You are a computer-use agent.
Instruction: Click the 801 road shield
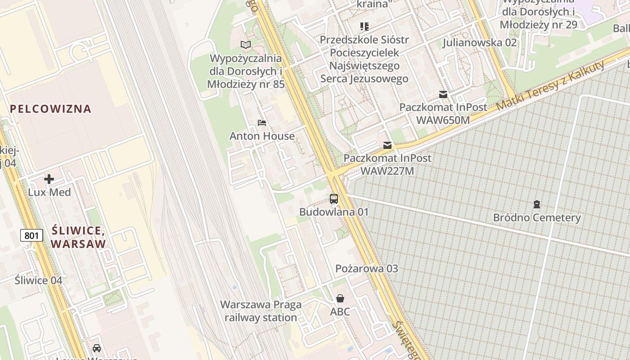(x=31, y=235)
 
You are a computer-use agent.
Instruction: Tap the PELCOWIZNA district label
(x=50, y=108)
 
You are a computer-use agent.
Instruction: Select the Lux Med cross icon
(x=49, y=180)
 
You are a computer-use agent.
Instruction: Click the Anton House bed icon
(x=262, y=122)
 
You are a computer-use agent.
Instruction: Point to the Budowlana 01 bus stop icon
(x=334, y=198)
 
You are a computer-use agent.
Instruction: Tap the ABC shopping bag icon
(x=340, y=298)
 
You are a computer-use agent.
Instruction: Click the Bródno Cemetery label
(x=537, y=218)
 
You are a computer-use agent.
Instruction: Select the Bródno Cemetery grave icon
(x=536, y=204)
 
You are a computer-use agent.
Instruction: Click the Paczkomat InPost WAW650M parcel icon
(x=443, y=94)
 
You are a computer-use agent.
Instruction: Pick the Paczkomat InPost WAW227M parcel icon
(x=387, y=145)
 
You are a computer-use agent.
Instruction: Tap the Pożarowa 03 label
(x=367, y=269)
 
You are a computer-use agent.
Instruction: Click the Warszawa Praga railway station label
(x=261, y=311)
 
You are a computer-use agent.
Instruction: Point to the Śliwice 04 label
(x=38, y=280)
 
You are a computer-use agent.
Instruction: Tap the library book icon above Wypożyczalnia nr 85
(x=245, y=45)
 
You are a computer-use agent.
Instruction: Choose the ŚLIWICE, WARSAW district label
(x=78, y=238)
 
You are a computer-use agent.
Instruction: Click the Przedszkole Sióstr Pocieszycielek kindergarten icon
(x=364, y=27)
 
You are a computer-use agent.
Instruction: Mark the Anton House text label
(x=262, y=136)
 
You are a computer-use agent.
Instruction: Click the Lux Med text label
(x=49, y=192)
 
